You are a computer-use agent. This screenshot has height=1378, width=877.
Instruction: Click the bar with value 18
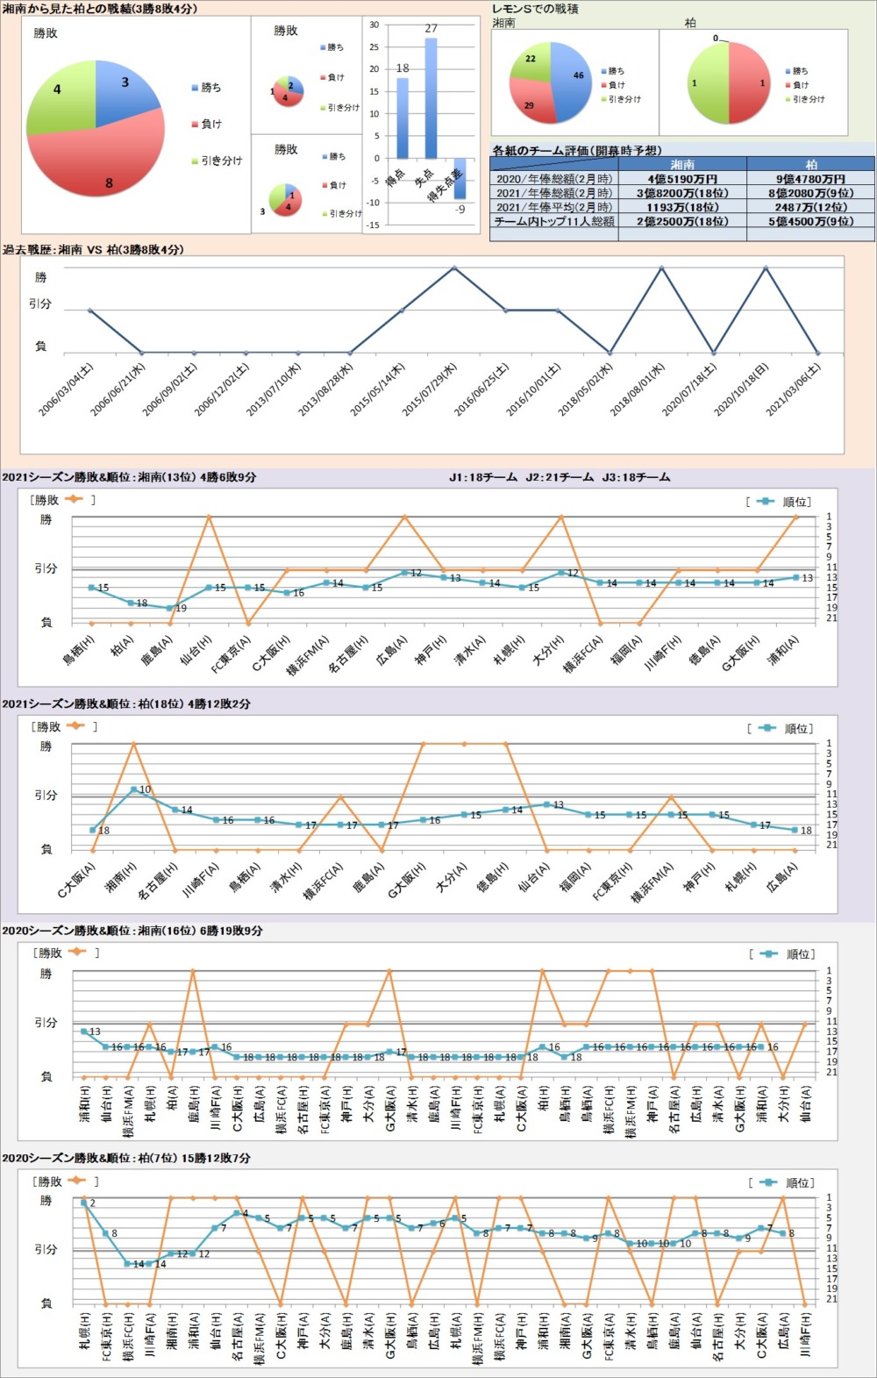[403, 118]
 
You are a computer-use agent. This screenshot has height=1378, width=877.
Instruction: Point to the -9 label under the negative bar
[460, 210]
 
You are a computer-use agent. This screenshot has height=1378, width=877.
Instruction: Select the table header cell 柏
[810, 164]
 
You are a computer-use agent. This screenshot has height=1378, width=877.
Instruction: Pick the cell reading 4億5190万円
[682, 179]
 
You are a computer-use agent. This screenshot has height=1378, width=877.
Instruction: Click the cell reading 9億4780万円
[810, 179]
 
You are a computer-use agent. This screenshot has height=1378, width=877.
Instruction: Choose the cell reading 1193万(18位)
[682, 208]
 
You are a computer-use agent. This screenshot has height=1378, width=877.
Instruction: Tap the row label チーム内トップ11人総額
[554, 222]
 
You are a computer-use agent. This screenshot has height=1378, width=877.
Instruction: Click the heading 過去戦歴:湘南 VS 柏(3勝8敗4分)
[93, 250]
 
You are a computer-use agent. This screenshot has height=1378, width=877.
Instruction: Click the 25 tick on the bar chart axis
[374, 47]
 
